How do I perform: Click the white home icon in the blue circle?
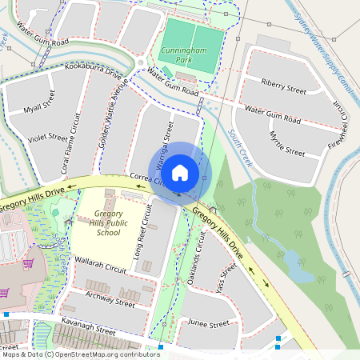(180, 172)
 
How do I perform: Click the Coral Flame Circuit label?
(76, 136)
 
